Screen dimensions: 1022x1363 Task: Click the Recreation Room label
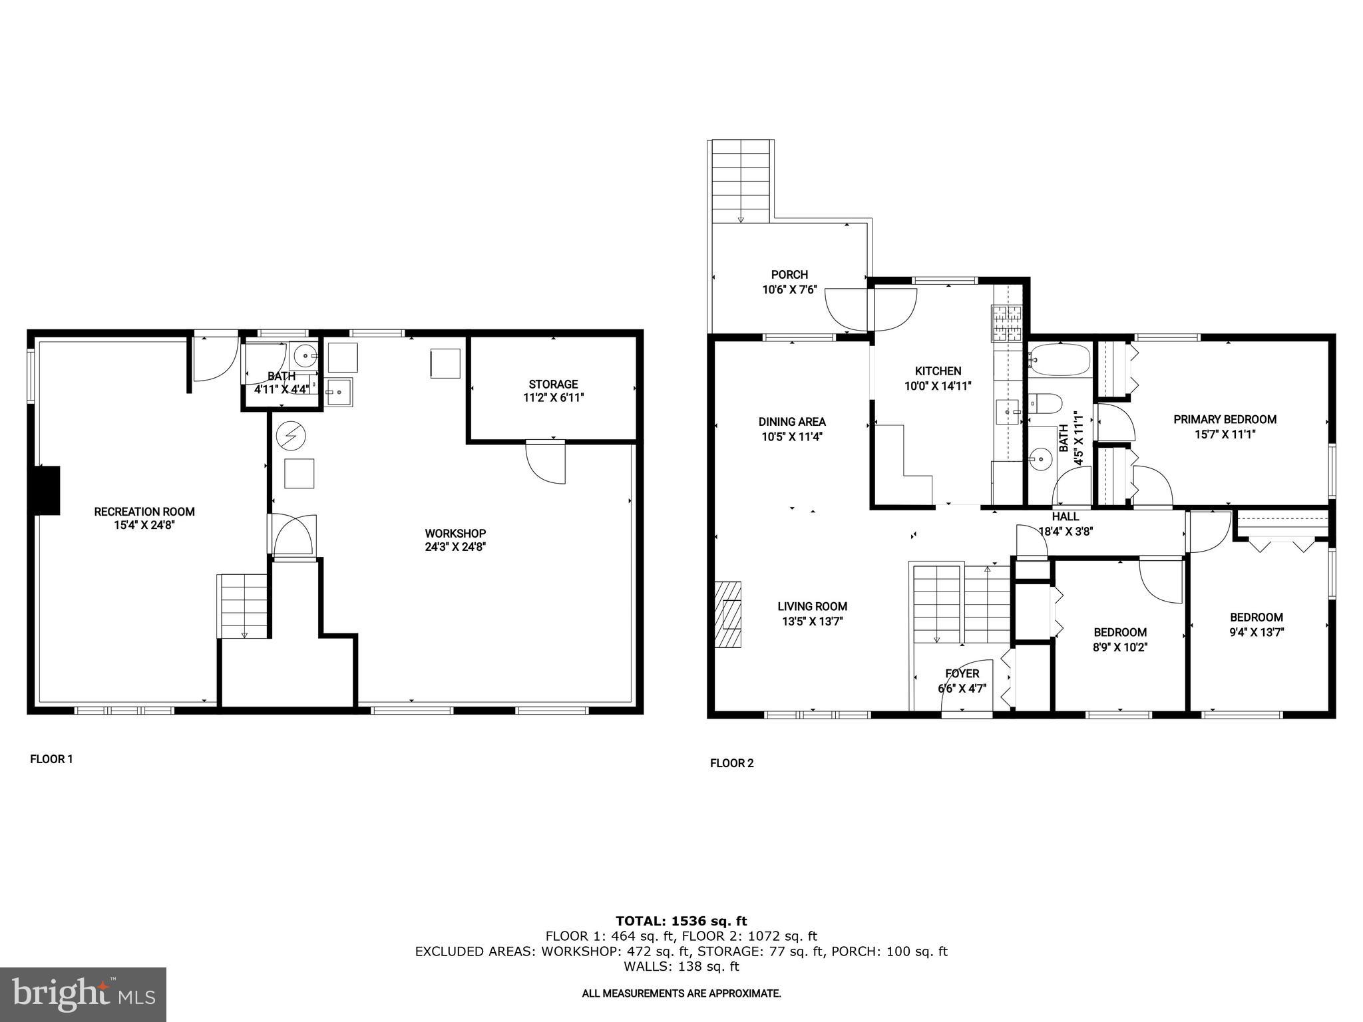(x=144, y=512)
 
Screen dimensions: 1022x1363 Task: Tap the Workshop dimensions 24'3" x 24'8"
(x=455, y=547)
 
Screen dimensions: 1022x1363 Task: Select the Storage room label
(x=553, y=384)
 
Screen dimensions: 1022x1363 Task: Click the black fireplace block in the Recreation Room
(x=45, y=490)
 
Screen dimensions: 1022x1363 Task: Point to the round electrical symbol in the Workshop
(x=291, y=436)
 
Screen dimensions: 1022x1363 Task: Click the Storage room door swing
(x=546, y=462)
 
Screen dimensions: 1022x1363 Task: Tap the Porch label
(x=789, y=274)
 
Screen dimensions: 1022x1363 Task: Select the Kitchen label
(x=938, y=371)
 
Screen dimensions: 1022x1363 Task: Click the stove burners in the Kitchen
(x=1006, y=323)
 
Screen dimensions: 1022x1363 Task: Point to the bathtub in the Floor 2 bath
(x=1058, y=360)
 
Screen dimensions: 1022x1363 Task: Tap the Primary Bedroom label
(x=1225, y=419)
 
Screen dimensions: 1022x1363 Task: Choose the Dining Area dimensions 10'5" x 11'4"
(x=792, y=436)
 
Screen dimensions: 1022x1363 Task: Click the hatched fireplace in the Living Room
(x=729, y=615)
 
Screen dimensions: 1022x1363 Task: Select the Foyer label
(x=962, y=673)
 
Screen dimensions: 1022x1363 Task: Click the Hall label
(x=1066, y=516)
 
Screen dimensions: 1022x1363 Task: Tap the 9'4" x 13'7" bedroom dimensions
(x=1257, y=632)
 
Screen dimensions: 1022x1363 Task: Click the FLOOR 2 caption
(x=731, y=763)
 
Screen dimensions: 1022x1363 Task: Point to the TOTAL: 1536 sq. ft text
(x=681, y=921)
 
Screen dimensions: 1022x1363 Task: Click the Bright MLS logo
(x=83, y=994)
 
